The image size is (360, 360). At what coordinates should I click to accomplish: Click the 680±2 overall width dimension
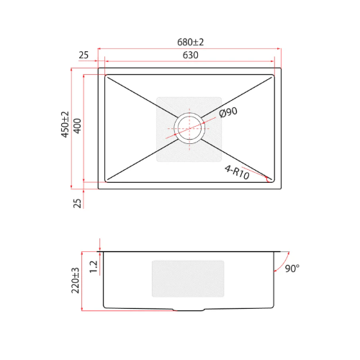click(191, 42)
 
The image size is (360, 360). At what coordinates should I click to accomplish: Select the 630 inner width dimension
click(191, 55)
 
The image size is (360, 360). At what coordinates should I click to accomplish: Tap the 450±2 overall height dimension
click(65, 125)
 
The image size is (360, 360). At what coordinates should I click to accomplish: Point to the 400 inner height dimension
click(77, 126)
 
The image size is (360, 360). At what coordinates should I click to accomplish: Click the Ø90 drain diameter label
click(228, 112)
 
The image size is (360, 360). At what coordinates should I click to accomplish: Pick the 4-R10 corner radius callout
click(237, 172)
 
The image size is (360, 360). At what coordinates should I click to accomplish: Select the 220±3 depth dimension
click(75, 280)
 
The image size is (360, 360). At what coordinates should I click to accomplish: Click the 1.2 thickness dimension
click(93, 266)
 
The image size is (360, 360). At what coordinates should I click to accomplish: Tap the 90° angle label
click(292, 269)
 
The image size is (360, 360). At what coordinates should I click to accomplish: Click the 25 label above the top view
click(84, 55)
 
